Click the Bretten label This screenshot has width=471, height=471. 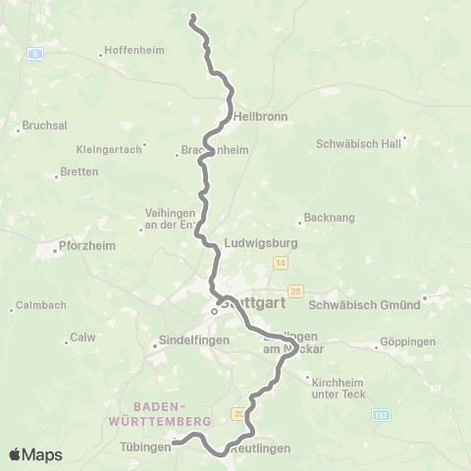[79, 172]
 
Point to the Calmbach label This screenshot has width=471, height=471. [40, 305]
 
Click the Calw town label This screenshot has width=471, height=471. [81, 339]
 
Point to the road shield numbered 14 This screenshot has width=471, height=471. [282, 263]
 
